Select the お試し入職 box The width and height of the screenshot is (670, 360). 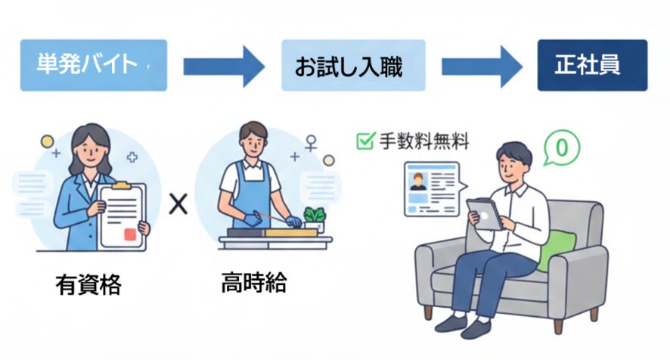(353, 65)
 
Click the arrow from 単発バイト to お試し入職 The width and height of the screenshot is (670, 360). (224, 67)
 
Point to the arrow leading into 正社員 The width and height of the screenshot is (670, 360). (482, 67)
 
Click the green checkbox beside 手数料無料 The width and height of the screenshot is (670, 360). (365, 141)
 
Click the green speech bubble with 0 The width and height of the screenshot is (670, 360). (560, 147)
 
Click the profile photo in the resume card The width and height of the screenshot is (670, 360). (417, 182)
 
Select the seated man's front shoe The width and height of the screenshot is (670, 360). (476, 327)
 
